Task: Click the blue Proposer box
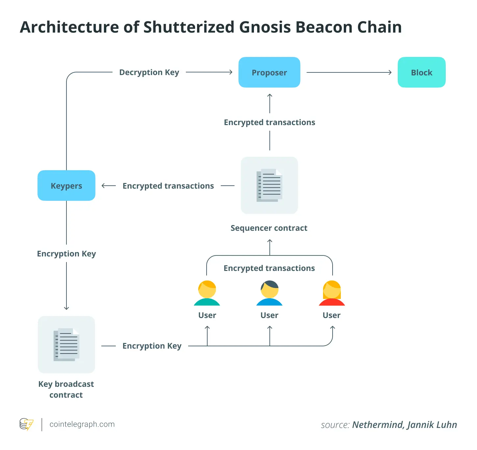point(269,72)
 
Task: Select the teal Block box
point(421,72)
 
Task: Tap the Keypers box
point(66,186)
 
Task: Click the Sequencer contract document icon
point(269,185)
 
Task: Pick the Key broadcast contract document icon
point(66,345)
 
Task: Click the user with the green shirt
point(207,293)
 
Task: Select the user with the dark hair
point(269,293)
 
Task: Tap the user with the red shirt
point(332,293)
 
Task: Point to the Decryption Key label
point(149,72)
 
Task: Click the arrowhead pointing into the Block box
point(390,72)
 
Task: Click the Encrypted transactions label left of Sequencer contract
point(168,186)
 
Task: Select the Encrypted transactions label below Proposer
point(269,122)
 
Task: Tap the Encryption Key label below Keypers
point(66,254)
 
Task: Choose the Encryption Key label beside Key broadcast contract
point(152,346)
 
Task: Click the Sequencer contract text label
point(269,228)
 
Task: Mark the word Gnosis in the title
point(265,27)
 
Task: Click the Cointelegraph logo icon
point(26,424)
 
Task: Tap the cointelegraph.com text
point(82,424)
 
